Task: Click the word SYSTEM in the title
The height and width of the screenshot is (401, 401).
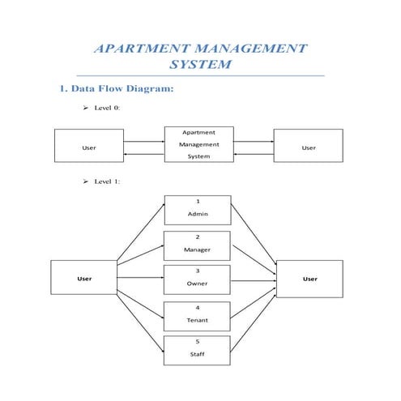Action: (200, 65)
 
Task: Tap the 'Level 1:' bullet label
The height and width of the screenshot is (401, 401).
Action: (107, 181)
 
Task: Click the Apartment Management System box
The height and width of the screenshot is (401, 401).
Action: (198, 143)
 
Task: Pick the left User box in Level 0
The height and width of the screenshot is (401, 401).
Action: (89, 147)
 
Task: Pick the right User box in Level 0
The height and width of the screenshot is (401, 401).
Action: (308, 147)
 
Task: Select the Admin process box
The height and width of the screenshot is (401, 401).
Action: (198, 209)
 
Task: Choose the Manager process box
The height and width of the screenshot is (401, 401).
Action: (198, 245)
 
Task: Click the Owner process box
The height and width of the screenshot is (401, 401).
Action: (198, 279)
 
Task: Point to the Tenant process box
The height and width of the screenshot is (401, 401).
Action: (198, 315)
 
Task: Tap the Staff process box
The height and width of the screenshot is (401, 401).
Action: (198, 350)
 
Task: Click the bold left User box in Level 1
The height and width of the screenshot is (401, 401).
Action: (84, 279)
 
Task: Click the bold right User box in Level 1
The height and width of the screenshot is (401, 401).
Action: (309, 279)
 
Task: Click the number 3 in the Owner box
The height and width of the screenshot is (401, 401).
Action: (198, 271)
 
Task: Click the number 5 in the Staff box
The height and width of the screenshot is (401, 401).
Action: (198, 342)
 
